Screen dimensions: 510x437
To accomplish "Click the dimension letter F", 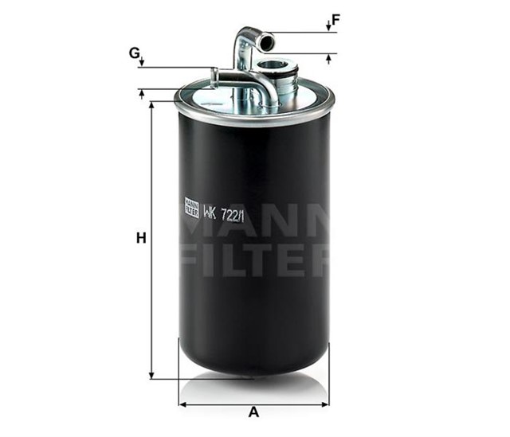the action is pos(335,20).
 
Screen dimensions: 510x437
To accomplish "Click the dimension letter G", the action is pos(134,53).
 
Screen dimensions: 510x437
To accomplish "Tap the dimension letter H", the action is pos(141,238).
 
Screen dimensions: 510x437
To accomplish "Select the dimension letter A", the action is pos(253,412).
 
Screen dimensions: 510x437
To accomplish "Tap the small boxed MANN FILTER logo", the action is pos(191,207).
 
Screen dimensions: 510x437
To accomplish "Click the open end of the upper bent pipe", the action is pos(267,41).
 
